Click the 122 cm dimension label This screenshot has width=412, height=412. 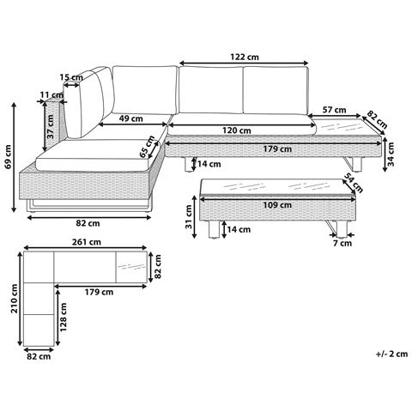[245, 57]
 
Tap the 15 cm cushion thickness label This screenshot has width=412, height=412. [71, 77]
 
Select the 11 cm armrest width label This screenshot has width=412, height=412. [51, 94]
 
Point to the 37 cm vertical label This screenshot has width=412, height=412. [51, 126]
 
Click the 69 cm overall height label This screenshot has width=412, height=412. [8, 157]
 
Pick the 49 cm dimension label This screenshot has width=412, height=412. [130, 118]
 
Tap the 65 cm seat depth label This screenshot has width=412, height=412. [147, 147]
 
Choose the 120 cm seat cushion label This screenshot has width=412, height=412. [237, 130]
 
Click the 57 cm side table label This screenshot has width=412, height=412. [334, 110]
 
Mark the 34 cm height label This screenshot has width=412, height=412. [391, 154]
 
